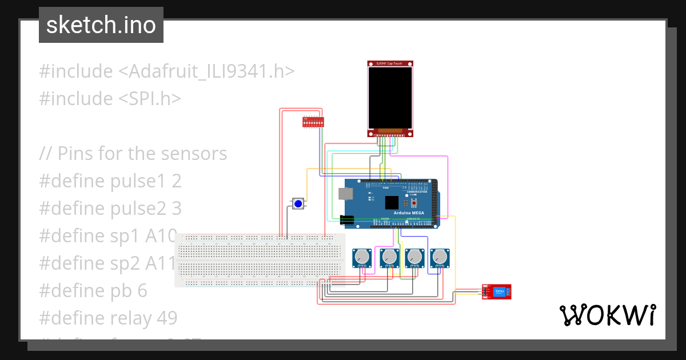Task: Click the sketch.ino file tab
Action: coord(101,25)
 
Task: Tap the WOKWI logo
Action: coord(607,315)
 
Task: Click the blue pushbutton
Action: coord(298,204)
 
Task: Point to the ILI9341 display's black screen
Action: coord(390,98)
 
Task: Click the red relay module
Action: coord(497,291)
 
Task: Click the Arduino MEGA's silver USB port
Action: coord(346,194)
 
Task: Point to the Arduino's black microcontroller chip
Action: coord(392,203)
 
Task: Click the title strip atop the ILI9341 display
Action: coord(390,63)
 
